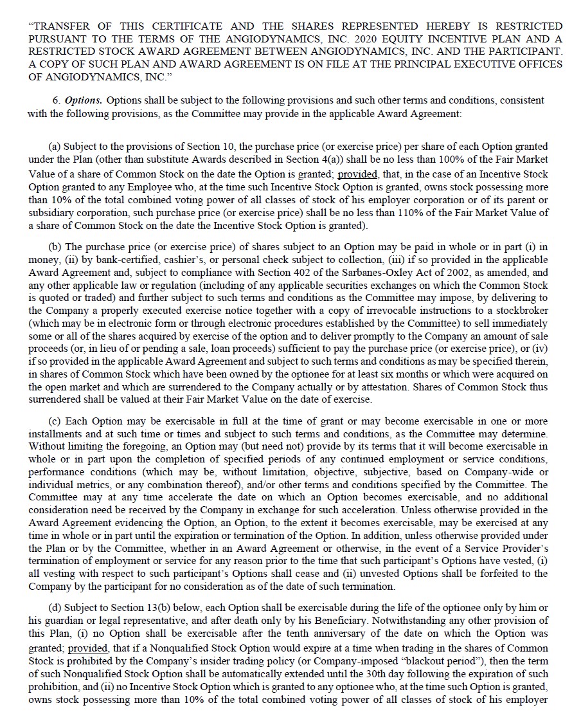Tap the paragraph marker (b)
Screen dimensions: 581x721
coord(55,248)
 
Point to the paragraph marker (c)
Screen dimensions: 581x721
coord(55,421)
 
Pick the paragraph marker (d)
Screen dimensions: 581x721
coord(55,608)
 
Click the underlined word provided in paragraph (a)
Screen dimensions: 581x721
coord(357,174)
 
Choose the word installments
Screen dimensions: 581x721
coord(54,434)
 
